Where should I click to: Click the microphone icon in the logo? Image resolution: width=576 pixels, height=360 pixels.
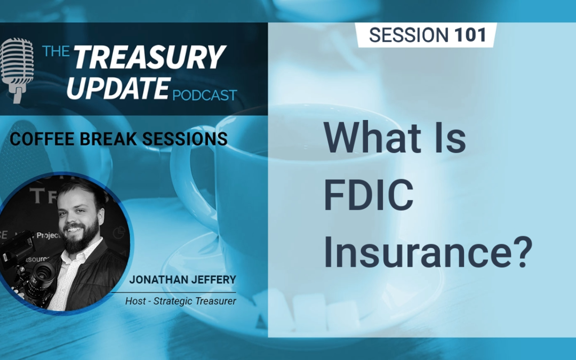tap(17, 69)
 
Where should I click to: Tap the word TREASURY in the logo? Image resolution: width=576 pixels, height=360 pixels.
tap(149, 57)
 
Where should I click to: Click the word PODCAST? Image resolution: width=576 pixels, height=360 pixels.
tap(205, 95)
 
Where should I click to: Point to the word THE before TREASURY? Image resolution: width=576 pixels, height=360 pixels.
tap(56, 52)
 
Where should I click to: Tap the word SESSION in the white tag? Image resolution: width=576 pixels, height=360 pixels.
tap(409, 35)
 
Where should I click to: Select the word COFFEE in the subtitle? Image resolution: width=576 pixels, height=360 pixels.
tap(37, 139)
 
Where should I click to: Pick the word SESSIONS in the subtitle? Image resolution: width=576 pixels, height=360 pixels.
tap(183, 139)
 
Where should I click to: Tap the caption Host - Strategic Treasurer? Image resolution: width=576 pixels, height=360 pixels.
tap(180, 301)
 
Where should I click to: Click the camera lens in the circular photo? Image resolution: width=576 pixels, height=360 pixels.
tap(42, 272)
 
